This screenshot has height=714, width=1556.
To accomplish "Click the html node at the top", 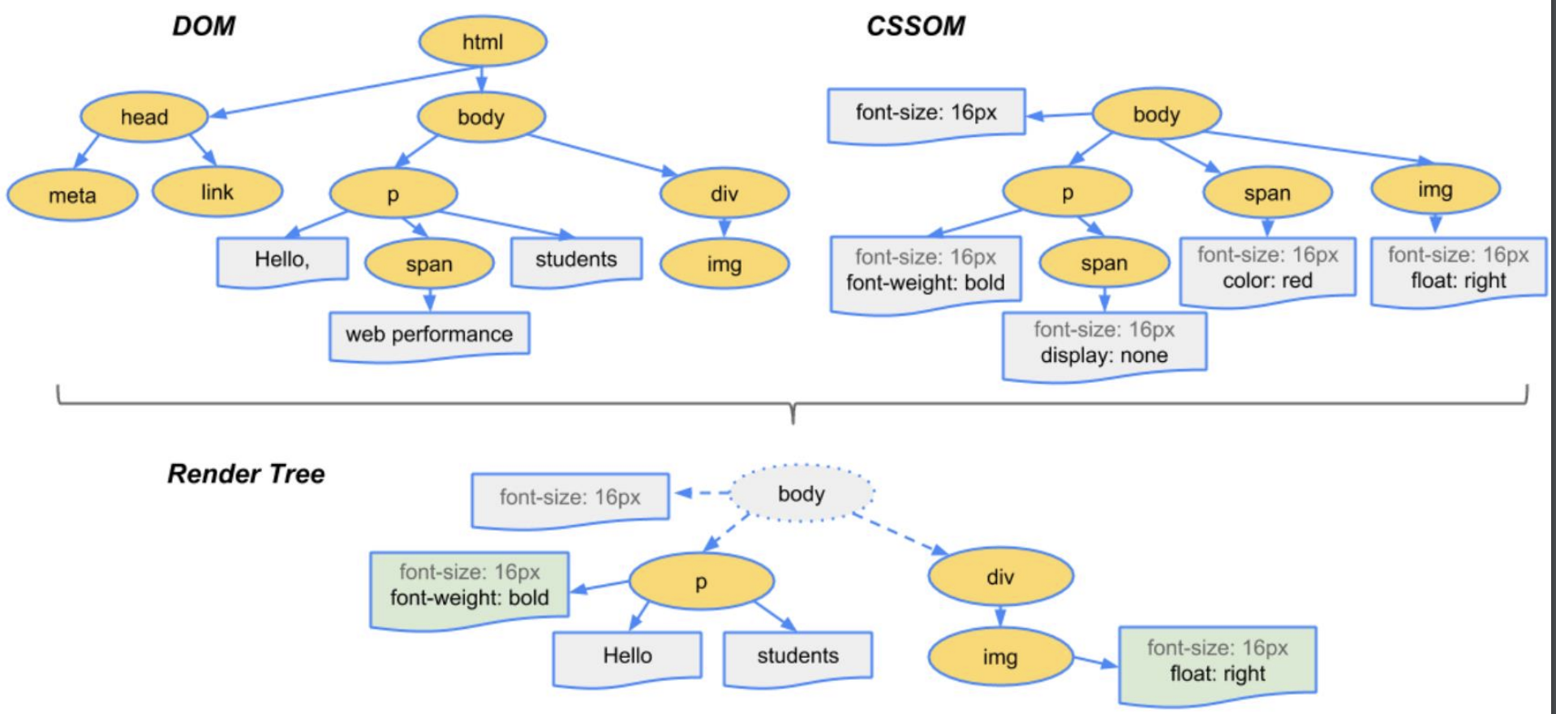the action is (483, 41).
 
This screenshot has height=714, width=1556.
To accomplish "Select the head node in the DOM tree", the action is (144, 117).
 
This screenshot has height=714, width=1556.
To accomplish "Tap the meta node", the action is (72, 196).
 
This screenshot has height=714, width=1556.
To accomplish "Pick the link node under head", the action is (217, 192).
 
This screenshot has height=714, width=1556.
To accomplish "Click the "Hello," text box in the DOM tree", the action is (282, 260).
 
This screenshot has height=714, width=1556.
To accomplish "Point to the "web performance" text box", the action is (429, 336).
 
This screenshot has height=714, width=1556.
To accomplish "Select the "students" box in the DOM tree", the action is (576, 260).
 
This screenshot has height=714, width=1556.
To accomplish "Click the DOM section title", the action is (204, 26).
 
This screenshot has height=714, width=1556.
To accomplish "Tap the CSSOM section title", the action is (916, 26).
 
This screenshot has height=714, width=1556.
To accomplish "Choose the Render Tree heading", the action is (246, 474).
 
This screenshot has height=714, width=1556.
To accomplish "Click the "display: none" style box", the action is (1104, 345).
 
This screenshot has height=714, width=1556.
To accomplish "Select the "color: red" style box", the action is (1267, 271).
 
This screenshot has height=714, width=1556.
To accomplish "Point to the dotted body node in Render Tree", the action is (802, 493).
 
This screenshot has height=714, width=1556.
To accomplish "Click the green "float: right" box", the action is (1217, 664).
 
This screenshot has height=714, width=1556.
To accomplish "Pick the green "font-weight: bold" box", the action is (469, 589).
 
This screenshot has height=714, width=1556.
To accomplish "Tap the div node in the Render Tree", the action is (1000, 577).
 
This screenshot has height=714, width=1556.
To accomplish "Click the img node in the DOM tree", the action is (724, 265).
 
